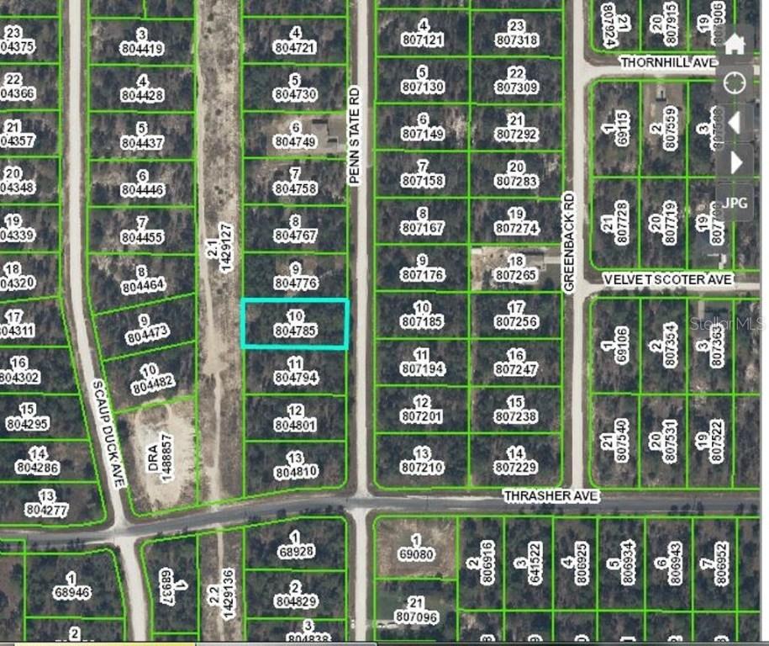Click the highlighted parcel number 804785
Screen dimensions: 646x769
295,331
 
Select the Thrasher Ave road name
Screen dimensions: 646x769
550,496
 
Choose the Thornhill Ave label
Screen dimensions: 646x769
667,62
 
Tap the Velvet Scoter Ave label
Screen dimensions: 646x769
667,279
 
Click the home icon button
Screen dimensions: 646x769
735,44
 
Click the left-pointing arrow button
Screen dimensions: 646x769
735,124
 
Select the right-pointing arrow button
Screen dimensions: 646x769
735,161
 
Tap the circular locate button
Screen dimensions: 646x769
735,83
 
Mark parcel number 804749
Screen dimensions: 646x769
295,142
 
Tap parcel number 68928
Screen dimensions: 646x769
295,551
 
